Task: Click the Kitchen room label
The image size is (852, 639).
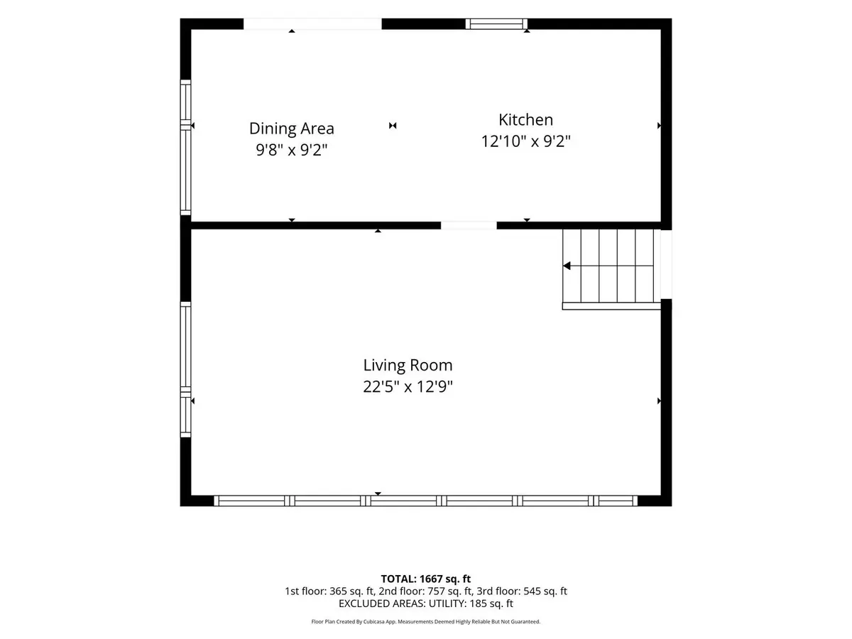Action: (x=525, y=120)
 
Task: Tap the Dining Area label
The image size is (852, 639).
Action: (x=292, y=129)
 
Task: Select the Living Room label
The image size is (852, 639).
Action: (x=408, y=365)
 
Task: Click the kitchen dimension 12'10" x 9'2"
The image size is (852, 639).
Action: (x=525, y=141)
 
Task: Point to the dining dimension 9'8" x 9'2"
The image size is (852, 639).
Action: (x=292, y=150)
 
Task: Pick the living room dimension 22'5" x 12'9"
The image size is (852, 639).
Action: (x=408, y=386)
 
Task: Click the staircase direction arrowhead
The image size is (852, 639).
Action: (x=567, y=266)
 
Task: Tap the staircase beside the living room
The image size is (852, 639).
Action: (x=611, y=269)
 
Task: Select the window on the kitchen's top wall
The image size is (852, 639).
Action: (x=496, y=24)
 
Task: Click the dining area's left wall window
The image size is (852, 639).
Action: (x=185, y=148)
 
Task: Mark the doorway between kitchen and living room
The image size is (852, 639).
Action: (x=469, y=225)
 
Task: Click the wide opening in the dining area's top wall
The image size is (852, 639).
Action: (x=312, y=23)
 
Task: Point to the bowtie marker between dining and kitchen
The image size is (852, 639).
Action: (x=393, y=126)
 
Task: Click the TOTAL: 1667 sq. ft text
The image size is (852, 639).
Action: (x=426, y=579)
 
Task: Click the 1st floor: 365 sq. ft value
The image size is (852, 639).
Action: (x=329, y=591)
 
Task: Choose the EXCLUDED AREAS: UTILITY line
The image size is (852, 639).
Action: (x=426, y=603)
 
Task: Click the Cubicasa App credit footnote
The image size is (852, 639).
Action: (x=426, y=622)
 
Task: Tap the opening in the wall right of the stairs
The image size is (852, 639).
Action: (x=667, y=264)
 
